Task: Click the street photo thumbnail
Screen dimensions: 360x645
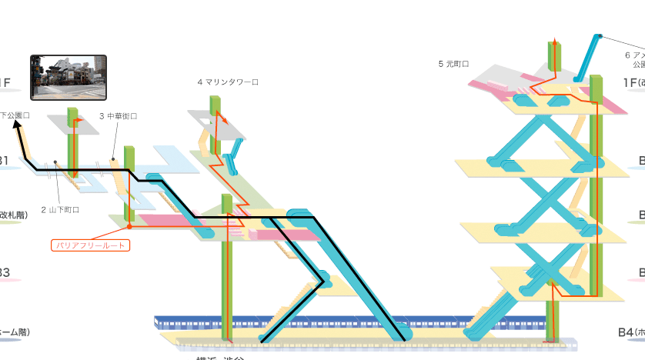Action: [x=68, y=78]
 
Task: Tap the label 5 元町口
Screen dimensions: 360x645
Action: [x=453, y=64]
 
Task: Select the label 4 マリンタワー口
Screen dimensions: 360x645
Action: [x=228, y=82]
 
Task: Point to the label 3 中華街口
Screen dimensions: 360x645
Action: [x=118, y=116]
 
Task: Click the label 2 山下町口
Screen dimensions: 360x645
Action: [x=60, y=209]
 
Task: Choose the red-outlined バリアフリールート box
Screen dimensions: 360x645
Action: [x=89, y=246]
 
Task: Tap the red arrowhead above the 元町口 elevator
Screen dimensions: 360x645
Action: [x=554, y=40]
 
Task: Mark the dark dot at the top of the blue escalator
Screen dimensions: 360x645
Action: [x=600, y=35]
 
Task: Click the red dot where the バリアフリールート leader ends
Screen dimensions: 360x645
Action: [x=129, y=227]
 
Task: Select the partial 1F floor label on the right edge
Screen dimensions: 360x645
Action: [x=633, y=82]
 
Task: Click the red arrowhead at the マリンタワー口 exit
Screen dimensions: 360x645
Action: [x=225, y=121]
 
